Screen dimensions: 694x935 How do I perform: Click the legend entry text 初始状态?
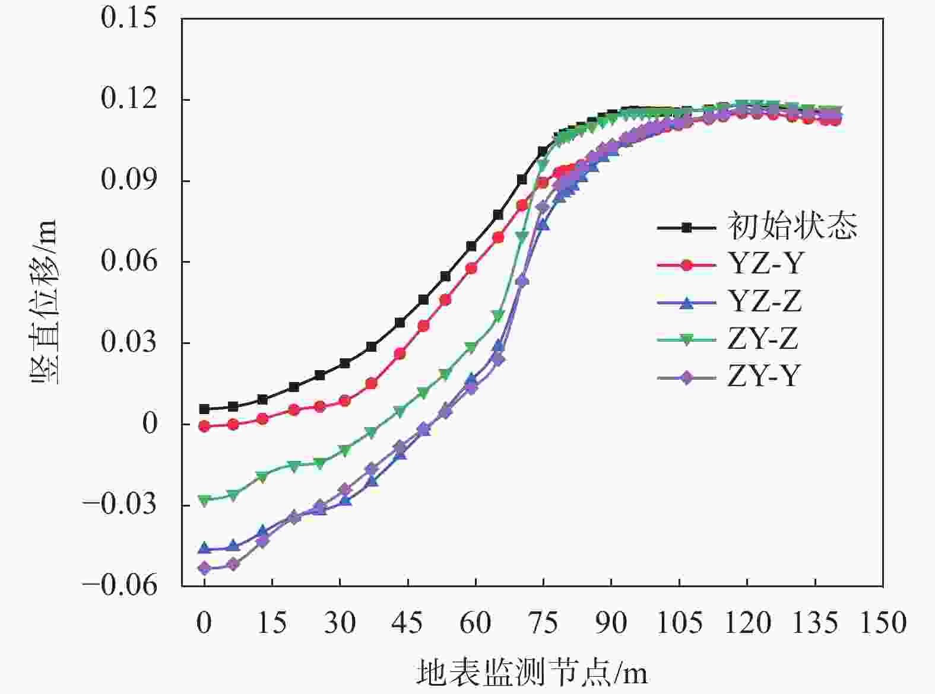(x=793, y=227)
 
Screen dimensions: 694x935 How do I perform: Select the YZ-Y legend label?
(x=765, y=264)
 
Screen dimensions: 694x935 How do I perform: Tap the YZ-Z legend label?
(x=765, y=302)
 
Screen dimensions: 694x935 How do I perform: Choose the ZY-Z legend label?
(x=763, y=339)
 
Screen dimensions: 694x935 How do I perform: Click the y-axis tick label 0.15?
(x=121, y=18)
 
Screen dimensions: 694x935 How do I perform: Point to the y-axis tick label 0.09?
(x=121, y=180)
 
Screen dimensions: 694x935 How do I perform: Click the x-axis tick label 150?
(x=883, y=623)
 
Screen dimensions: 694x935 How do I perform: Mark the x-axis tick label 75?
(x=543, y=623)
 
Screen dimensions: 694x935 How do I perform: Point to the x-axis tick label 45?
(x=407, y=623)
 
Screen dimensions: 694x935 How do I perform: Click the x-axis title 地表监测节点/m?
(x=532, y=673)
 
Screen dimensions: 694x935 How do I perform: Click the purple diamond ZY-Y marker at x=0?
(x=204, y=569)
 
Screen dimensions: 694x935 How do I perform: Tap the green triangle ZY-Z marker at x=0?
(x=204, y=501)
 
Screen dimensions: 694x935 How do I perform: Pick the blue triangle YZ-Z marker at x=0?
(x=204, y=547)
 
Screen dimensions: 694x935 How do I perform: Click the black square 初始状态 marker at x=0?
(x=204, y=409)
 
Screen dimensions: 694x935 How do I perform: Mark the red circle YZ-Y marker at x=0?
(x=204, y=426)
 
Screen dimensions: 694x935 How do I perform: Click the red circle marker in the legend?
(x=686, y=265)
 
